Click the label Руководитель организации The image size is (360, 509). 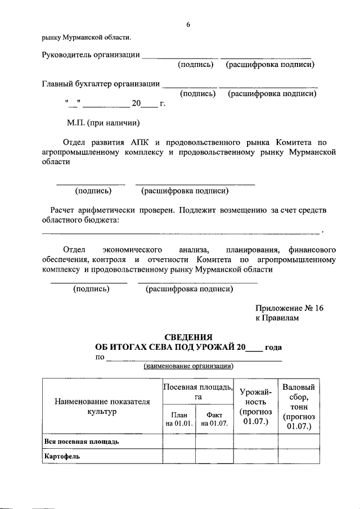[91, 55]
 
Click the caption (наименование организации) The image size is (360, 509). [188, 367]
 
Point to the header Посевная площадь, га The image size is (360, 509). [197, 391]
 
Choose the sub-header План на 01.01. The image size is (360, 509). [179, 419]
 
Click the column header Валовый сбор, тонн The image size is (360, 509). [299, 406]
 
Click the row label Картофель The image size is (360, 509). [61, 456]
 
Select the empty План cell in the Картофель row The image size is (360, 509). [179, 456]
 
